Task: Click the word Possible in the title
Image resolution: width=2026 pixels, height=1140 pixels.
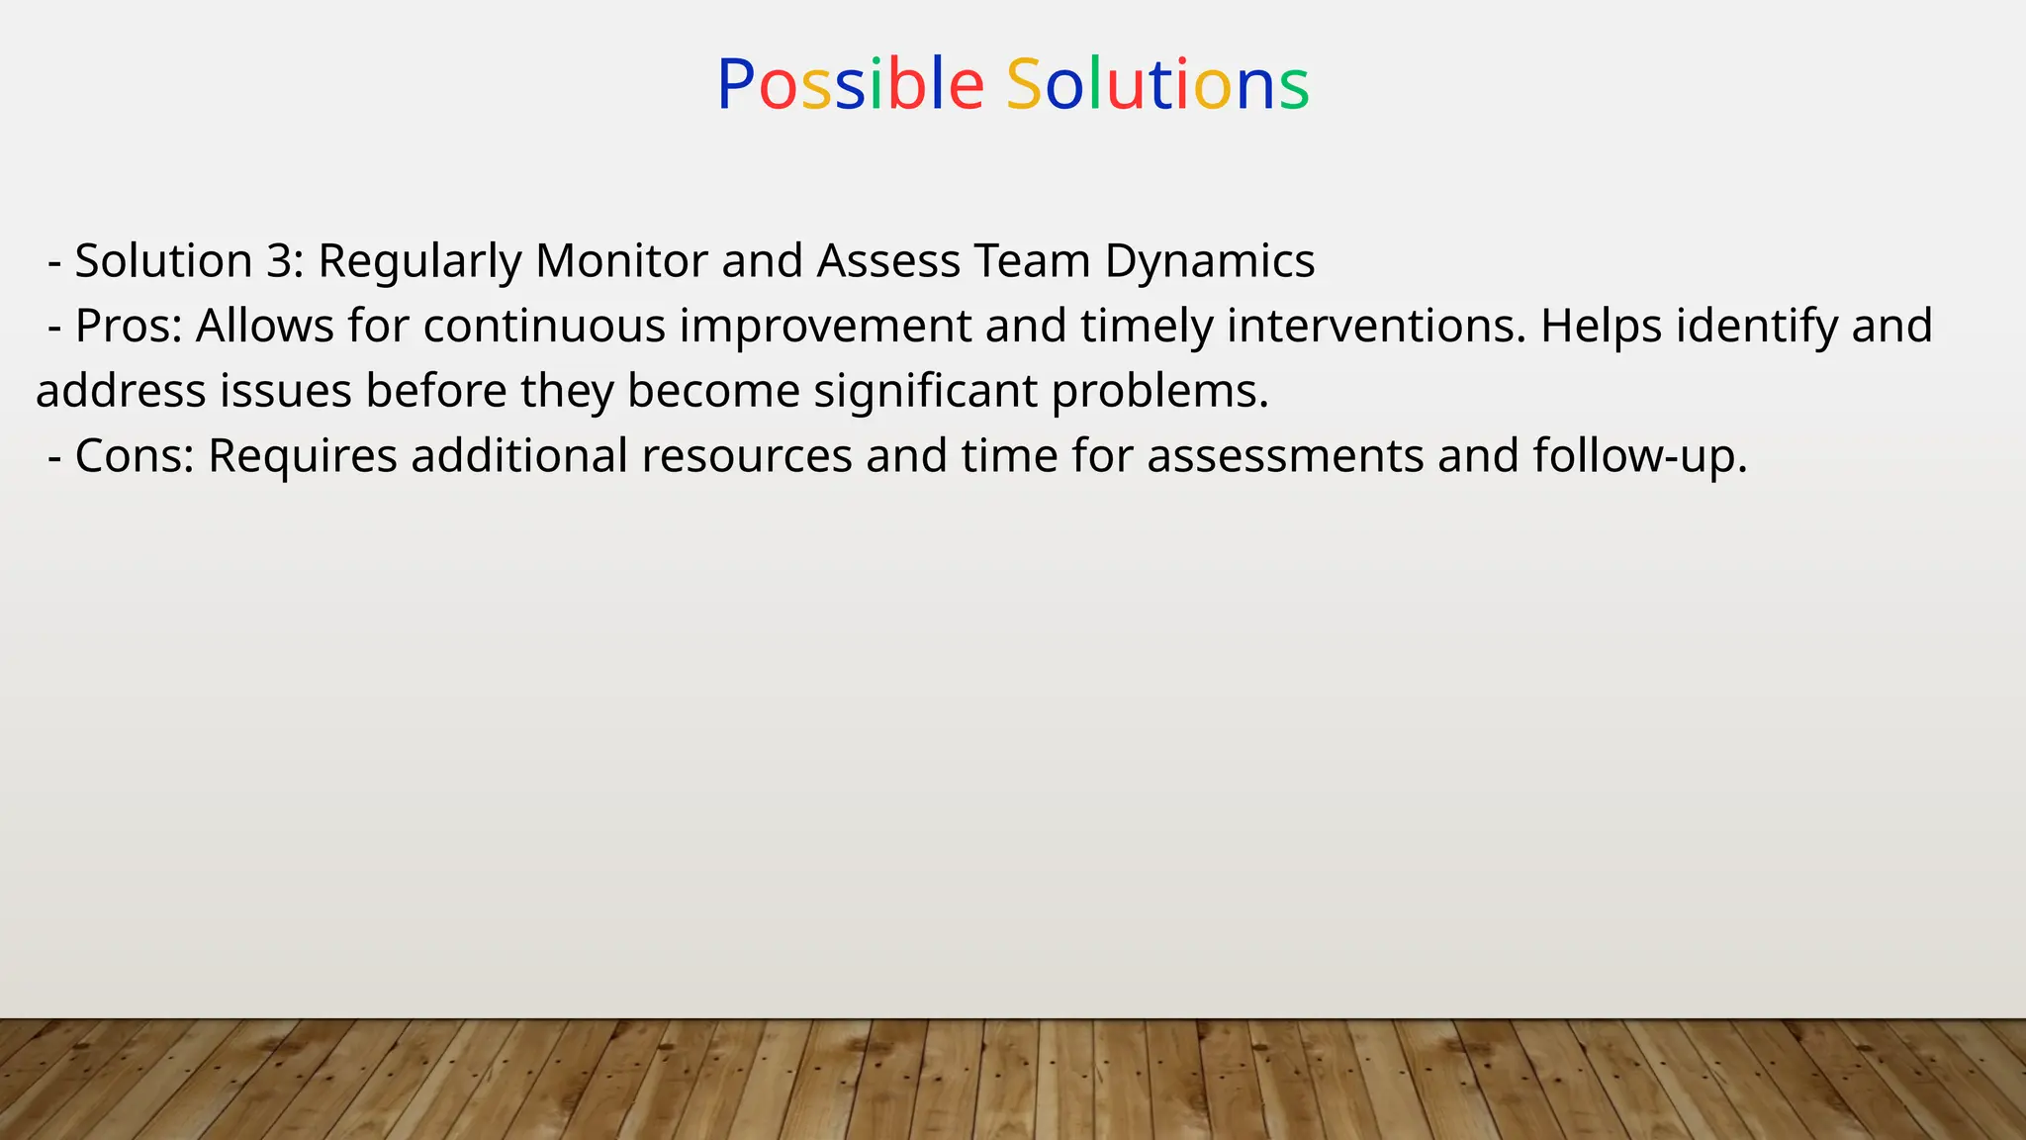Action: pos(850,85)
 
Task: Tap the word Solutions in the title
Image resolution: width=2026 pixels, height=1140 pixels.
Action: pos(1157,85)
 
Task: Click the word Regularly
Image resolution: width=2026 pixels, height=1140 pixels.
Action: pos(419,261)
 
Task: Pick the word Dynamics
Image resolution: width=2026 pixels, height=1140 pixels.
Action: pos(1209,261)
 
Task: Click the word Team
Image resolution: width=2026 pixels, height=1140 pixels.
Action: pos(1032,261)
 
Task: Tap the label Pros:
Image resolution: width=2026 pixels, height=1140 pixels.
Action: pos(129,327)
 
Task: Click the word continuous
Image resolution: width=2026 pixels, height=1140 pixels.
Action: pos(544,327)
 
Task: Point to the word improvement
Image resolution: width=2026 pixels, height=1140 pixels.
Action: pos(825,327)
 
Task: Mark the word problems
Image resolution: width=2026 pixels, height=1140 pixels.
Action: pos(1159,392)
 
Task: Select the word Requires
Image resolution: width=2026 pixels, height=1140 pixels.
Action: pos(303,456)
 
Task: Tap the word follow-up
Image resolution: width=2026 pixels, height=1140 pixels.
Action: pos(1640,456)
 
